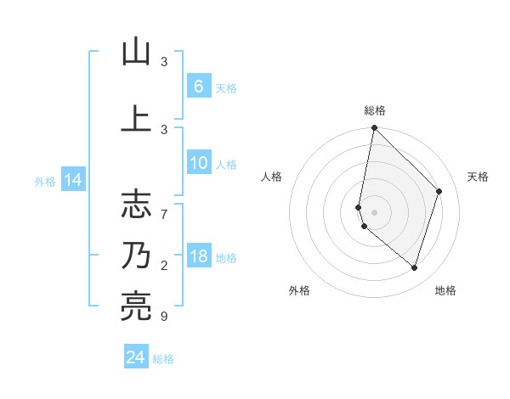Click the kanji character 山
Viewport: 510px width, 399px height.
[x=136, y=52]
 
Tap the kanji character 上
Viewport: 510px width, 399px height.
[x=136, y=119]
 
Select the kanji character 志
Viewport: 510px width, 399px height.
[x=136, y=204]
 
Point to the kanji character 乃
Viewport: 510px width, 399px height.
[x=136, y=256]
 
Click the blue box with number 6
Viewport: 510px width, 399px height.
[x=198, y=87]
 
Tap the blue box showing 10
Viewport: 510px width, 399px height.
[x=198, y=164]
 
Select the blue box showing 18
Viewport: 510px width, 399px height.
[x=198, y=257]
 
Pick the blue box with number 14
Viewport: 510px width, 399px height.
[x=72, y=180]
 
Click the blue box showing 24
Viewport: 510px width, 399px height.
[x=135, y=358]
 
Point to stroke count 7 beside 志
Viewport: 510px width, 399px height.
[x=164, y=206]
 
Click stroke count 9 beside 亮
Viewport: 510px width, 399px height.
[x=164, y=317]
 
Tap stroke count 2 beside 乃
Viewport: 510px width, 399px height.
[x=164, y=266]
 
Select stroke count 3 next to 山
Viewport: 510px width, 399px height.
[x=164, y=62]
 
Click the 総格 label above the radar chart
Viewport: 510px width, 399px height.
[x=374, y=110]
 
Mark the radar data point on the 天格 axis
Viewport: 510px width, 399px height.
[x=439, y=191]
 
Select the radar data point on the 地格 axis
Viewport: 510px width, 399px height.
[x=414, y=267]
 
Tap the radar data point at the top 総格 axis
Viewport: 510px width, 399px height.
[x=374, y=127]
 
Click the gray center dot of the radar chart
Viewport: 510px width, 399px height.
[x=374, y=212]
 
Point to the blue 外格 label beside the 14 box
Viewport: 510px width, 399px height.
[x=44, y=181]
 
